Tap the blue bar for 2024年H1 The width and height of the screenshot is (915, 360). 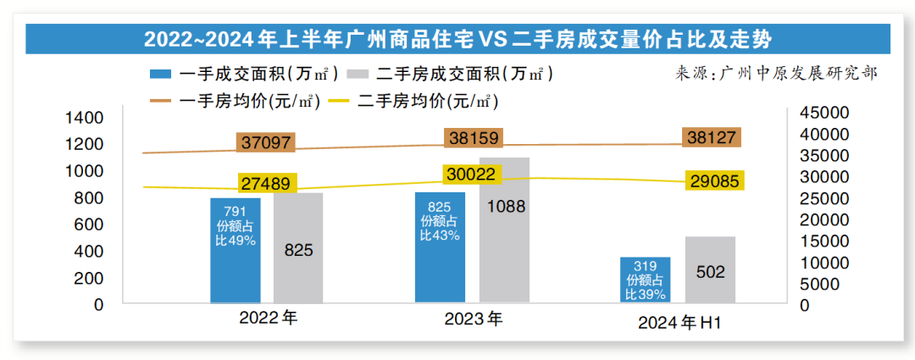(x=645, y=280)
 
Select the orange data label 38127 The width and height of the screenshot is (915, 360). (x=712, y=137)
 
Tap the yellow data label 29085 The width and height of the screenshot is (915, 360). (x=712, y=180)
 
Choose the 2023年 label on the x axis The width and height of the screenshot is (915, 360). (x=474, y=319)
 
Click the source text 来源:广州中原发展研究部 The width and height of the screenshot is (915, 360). (x=776, y=73)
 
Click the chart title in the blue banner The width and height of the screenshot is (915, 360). (x=457, y=39)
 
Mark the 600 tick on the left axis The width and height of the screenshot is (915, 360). (x=89, y=224)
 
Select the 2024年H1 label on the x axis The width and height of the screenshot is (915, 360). (x=679, y=323)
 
